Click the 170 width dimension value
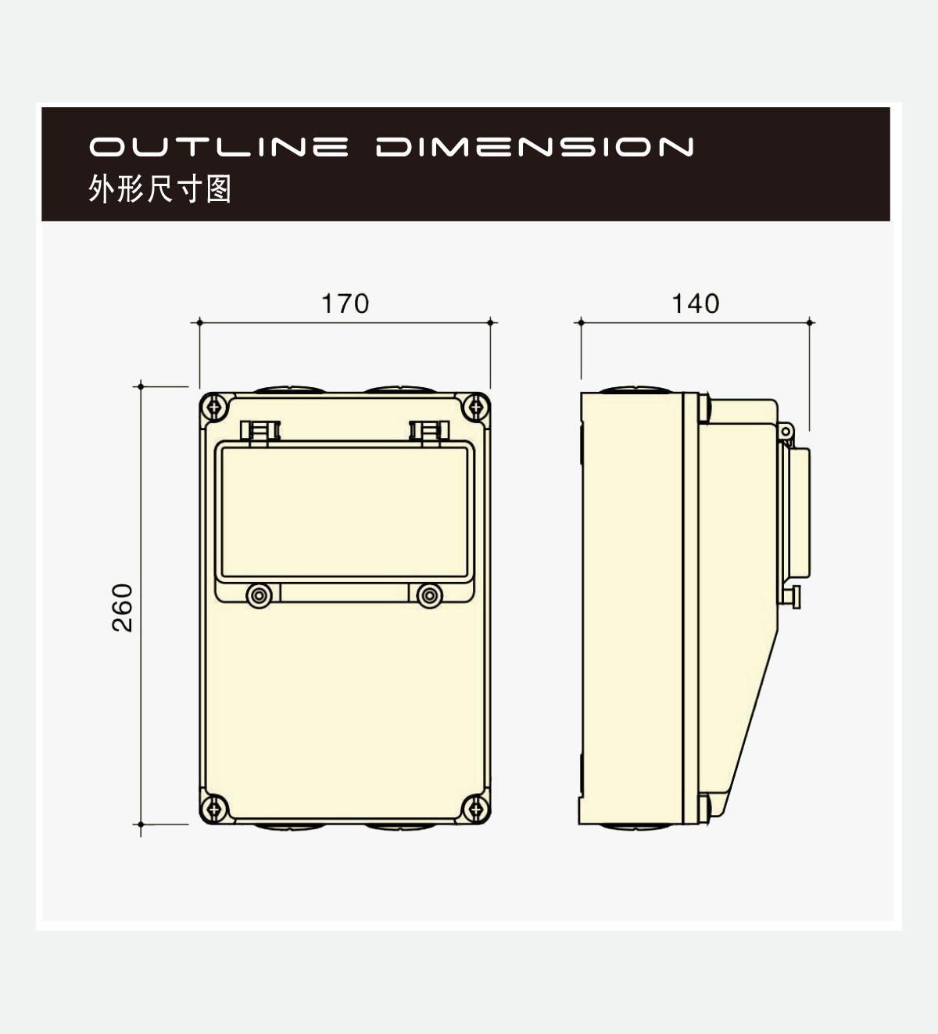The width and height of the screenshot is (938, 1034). coord(345,303)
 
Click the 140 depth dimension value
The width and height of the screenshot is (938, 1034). coord(695,303)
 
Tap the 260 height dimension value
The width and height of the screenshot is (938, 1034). coord(122,608)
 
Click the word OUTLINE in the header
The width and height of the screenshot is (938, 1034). coord(219,147)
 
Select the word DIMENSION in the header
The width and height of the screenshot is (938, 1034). coord(535,147)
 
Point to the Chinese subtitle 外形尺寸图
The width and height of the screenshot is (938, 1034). coord(159,188)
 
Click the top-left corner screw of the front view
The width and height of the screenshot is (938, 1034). coord(214,407)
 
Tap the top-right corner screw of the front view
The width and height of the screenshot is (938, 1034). coord(476,407)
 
